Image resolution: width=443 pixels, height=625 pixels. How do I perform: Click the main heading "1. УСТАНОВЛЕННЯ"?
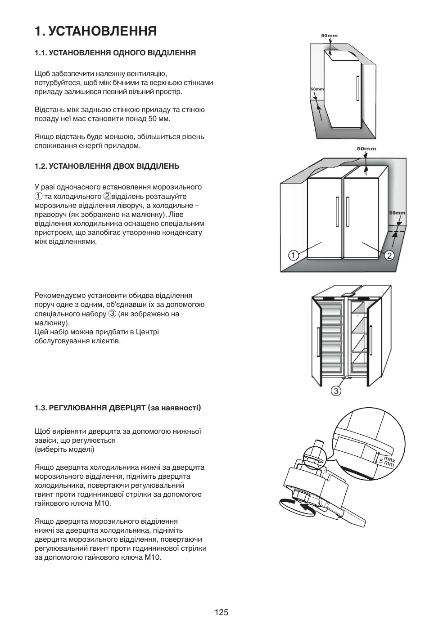point(96,31)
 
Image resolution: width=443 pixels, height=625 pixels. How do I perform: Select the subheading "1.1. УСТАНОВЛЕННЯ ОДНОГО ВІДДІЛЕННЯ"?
point(115,53)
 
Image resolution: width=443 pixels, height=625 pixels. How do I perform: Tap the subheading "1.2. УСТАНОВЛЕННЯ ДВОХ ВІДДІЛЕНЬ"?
point(107,166)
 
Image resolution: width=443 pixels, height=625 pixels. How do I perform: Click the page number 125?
point(221,612)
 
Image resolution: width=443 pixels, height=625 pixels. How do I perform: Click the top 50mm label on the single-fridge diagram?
point(329,36)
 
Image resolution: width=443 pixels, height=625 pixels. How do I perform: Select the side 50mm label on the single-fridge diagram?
point(317,89)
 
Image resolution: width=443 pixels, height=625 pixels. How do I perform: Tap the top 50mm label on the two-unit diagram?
point(366,148)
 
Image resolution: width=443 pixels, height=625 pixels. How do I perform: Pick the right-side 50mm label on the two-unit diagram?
point(397,213)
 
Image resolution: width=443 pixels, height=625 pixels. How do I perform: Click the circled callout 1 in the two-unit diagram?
point(293,256)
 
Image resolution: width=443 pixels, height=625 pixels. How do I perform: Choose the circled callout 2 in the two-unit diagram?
point(389,256)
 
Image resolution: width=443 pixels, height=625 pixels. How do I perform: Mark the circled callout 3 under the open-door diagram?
point(336,391)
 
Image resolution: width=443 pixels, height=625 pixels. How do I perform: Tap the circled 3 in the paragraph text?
point(113,314)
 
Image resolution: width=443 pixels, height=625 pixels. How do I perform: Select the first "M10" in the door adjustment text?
point(103,504)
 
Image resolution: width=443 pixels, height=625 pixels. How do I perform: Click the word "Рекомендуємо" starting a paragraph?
point(57,296)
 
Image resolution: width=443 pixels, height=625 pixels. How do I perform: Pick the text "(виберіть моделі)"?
point(64,450)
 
